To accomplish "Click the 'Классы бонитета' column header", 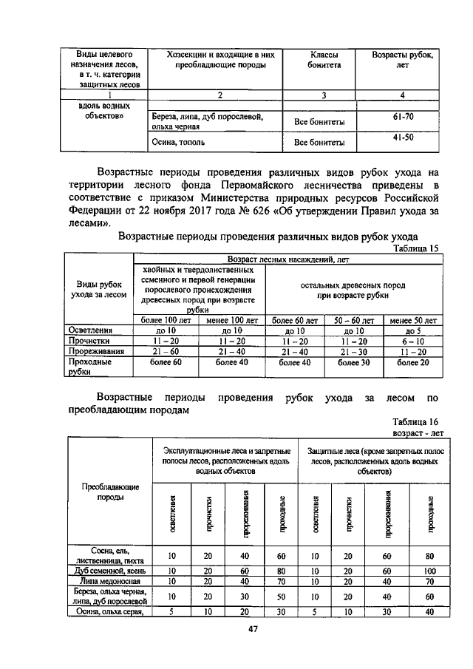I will point(324,61).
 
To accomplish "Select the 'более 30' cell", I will point(353,363).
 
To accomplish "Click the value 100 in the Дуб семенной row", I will point(430,571).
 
